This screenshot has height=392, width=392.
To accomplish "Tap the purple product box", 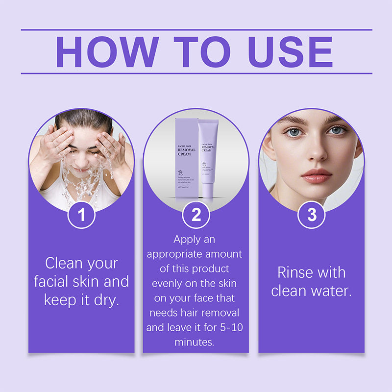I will (186, 157).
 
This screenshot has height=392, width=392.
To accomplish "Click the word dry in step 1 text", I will (107, 299).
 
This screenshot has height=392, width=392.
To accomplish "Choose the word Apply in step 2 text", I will (188, 240).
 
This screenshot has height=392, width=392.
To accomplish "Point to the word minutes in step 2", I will (195, 342).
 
